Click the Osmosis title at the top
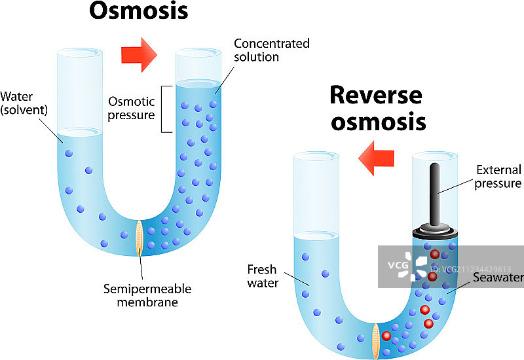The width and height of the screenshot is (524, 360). point(138,11)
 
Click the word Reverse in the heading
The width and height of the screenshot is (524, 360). point(375,96)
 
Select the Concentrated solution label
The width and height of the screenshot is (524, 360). point(272,50)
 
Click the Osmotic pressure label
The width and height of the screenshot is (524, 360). point(132,109)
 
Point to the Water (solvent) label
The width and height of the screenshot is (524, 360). point(24,103)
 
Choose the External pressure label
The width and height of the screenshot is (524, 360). point(499,177)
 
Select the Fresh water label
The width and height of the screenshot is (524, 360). point(263,276)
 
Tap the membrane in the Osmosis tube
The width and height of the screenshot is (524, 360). point(139,237)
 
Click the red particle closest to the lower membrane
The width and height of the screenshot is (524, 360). point(387,336)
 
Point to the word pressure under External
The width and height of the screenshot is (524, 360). point(499,184)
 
